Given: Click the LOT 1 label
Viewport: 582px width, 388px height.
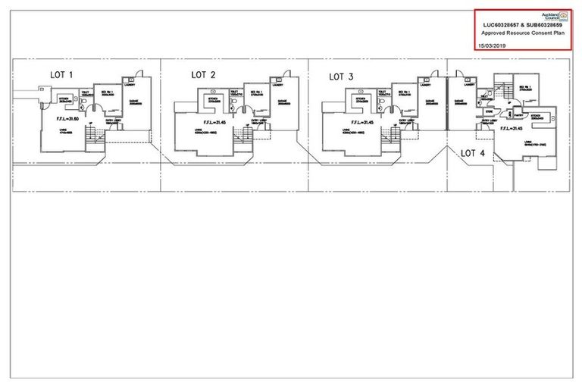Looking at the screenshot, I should tap(61, 74).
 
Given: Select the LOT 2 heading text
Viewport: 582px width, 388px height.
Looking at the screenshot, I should tap(203, 74).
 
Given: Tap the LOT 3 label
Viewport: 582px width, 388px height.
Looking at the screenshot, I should tap(342, 76).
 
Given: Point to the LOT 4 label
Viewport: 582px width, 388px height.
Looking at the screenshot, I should tap(473, 153).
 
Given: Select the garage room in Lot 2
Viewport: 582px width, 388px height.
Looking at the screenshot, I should tap(281, 104).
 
